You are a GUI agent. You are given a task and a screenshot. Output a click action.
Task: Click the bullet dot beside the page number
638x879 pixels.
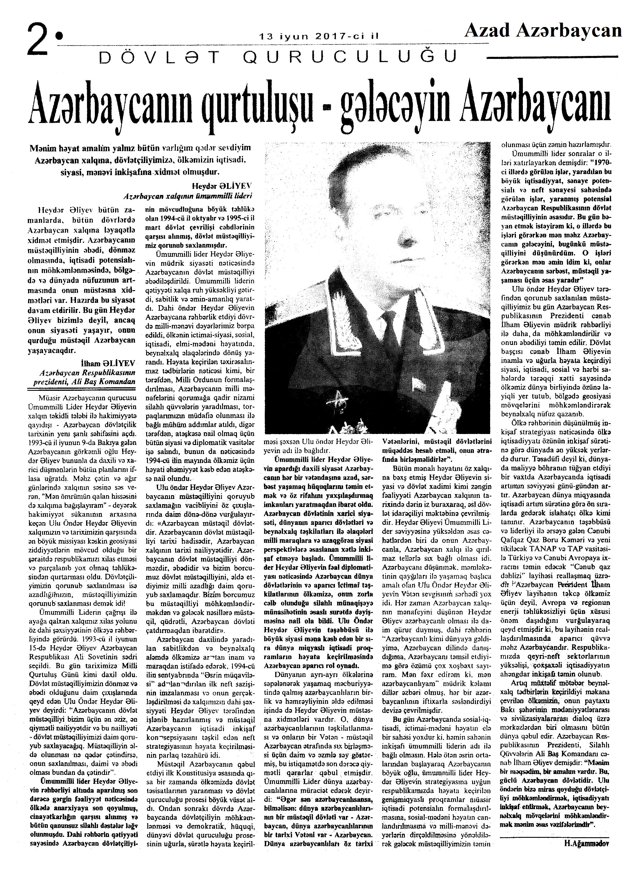pyautogui.click(x=59, y=36)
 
